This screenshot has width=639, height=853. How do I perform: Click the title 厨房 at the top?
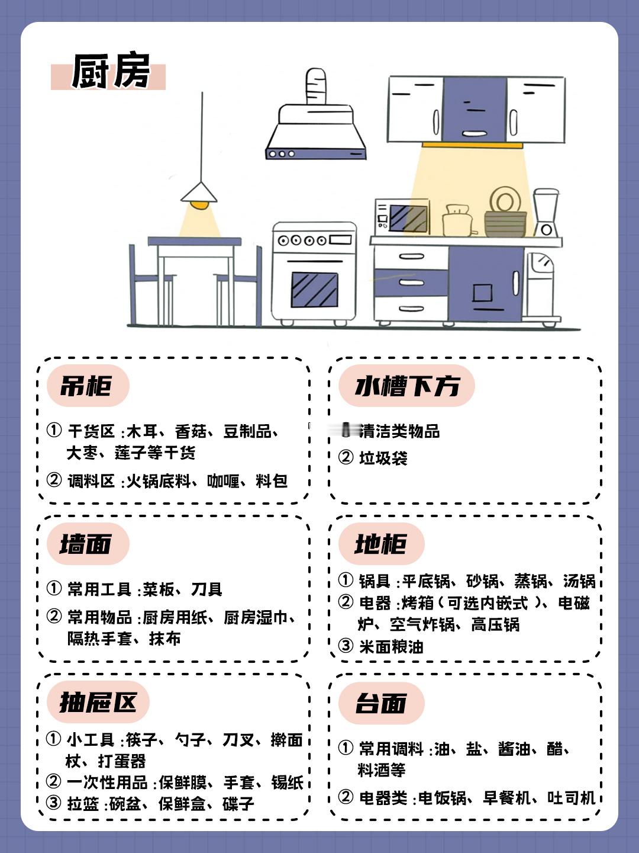coord(110,72)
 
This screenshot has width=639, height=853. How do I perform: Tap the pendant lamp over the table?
coord(199,195)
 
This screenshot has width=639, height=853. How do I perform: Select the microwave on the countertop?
coord(402,217)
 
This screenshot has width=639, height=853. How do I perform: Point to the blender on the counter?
coord(546,213)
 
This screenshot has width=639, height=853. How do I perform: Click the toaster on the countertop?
coord(457,222)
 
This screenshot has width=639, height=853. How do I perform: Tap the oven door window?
coord(314,290)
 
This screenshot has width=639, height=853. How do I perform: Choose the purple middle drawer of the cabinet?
coord(411,283)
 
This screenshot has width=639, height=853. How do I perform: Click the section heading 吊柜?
coord(86,386)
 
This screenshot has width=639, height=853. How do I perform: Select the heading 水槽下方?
coord(407,386)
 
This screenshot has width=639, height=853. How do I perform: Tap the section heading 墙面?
coord(86,544)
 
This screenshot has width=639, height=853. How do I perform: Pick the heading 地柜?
coord(381,544)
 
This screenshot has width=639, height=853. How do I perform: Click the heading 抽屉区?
coord(98,703)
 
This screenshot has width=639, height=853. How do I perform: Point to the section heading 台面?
coord(381,703)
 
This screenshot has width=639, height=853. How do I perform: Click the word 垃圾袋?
coord(383,458)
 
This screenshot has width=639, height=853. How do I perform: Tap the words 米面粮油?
coord(391,646)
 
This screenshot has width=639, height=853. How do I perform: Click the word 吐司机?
coord(571,798)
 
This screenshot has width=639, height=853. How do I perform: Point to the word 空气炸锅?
coord(422,624)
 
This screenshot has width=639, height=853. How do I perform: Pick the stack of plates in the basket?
coord(505,201)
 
